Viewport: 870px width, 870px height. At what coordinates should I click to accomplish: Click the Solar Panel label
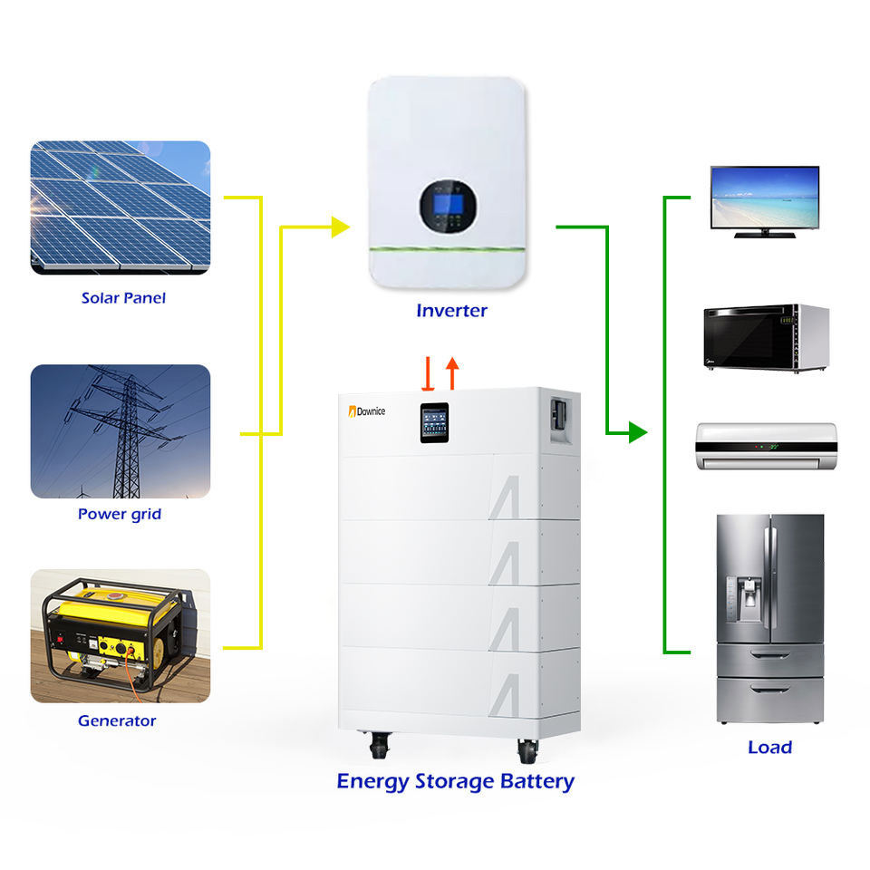tap(123, 298)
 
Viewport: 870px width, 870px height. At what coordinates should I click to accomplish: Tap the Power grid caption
tap(120, 515)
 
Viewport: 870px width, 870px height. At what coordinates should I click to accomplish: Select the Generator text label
tap(117, 721)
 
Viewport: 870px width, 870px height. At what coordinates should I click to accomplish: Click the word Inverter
tap(451, 311)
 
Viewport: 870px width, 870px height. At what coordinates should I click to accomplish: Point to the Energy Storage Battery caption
tap(455, 781)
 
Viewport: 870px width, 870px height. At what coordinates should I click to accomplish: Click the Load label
tap(769, 748)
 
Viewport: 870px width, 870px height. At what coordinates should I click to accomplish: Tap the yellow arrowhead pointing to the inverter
tap(341, 227)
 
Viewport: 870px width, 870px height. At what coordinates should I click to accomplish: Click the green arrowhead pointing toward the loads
tap(638, 432)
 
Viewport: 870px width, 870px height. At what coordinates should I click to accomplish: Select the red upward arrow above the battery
tap(452, 372)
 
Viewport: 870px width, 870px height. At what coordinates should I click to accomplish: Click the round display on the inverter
tap(448, 206)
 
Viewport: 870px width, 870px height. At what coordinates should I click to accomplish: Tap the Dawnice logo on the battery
tap(367, 411)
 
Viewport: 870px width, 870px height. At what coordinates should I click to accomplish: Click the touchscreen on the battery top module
tap(434, 421)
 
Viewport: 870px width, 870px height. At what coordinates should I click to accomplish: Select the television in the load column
tap(764, 201)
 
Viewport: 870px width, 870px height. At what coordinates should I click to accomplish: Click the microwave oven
tap(766, 337)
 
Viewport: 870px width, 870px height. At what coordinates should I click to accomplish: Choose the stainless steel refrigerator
tap(769, 618)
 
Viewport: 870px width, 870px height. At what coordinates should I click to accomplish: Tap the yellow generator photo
tap(120, 636)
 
